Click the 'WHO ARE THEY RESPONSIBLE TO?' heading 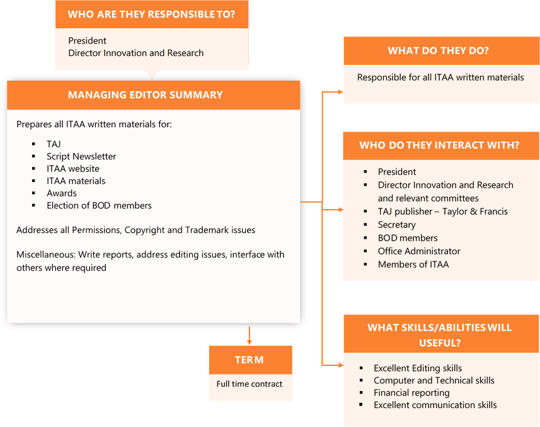point(151,14)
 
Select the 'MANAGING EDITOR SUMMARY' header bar point(146,95)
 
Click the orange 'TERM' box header point(250,360)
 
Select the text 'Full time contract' point(250,384)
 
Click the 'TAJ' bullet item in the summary point(54,144)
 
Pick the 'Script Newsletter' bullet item point(81,156)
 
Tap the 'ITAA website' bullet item point(73,169)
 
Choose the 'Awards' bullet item point(62,193)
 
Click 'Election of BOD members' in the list point(99,205)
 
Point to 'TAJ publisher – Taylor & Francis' point(442,212)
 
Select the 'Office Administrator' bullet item point(419,251)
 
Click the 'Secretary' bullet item point(396,225)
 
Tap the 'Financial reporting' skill point(411,393)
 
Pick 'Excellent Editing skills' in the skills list point(418,368)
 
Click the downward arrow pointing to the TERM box point(250,336)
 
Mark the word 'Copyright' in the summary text point(146,231)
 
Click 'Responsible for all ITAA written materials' point(440,77)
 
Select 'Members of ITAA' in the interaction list point(413,265)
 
